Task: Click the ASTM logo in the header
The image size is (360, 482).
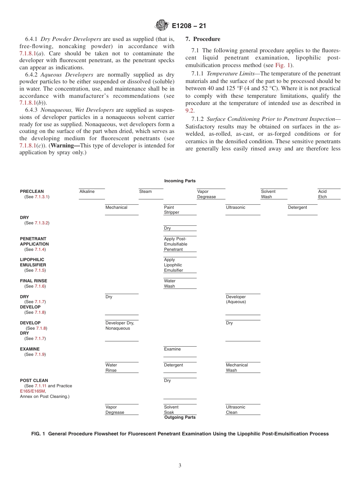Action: point(162,25)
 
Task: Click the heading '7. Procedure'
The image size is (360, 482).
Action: point(203,39)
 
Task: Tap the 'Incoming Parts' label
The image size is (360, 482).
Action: point(180,181)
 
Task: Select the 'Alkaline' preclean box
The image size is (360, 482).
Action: point(92,193)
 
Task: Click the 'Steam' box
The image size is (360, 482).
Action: point(151,193)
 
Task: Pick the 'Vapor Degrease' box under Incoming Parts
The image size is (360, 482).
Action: point(211,194)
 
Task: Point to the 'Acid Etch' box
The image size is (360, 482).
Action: point(329,194)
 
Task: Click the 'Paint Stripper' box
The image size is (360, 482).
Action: point(180,210)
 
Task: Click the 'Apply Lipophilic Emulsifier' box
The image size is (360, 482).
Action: point(180,265)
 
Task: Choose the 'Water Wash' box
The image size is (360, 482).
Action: point(180,283)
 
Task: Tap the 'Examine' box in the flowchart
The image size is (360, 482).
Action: point(180,351)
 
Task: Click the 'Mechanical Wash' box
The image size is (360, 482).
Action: point(243,368)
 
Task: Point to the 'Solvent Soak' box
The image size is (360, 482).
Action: point(180,410)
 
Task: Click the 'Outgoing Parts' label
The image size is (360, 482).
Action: point(180,417)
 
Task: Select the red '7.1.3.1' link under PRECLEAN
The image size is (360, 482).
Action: point(42,197)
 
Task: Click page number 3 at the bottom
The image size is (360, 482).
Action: point(180,466)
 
